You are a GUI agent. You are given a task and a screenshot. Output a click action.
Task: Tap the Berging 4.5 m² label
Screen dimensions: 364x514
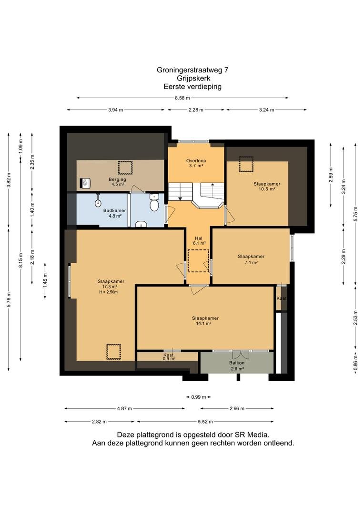(x=117, y=182)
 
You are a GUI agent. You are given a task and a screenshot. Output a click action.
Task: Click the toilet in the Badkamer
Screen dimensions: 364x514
(x=154, y=202)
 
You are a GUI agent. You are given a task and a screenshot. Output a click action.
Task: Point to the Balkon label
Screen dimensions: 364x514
(x=237, y=363)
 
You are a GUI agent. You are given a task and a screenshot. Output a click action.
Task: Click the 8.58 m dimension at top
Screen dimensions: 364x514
(x=182, y=98)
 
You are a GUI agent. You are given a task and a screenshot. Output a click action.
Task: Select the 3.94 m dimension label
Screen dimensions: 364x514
(x=115, y=110)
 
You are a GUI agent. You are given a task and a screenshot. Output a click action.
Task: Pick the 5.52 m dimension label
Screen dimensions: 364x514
(x=205, y=422)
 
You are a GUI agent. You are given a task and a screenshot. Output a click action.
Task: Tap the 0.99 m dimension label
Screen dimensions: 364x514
(x=199, y=397)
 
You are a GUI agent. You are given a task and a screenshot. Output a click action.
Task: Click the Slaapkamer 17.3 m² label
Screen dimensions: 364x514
(x=111, y=287)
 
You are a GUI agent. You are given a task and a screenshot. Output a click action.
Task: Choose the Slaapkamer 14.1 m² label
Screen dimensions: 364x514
(x=205, y=321)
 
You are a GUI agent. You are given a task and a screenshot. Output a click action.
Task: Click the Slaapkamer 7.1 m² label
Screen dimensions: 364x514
(x=251, y=259)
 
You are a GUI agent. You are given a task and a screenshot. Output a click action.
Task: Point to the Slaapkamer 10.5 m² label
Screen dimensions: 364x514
(x=267, y=186)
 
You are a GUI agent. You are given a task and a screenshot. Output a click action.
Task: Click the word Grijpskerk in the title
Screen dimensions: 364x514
(x=193, y=79)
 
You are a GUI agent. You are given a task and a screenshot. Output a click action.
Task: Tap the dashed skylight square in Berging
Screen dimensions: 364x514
(x=125, y=168)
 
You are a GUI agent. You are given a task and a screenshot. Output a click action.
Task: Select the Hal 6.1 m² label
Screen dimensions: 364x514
(x=199, y=241)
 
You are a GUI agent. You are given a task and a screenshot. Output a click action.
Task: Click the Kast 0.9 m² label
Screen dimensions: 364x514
(x=169, y=356)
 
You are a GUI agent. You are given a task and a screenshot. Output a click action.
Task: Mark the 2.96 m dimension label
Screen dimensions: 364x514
(x=237, y=408)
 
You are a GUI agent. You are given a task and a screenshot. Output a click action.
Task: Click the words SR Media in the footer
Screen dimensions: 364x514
(x=252, y=435)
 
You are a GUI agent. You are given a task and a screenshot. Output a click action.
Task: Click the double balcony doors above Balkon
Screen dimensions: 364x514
(x=241, y=355)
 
